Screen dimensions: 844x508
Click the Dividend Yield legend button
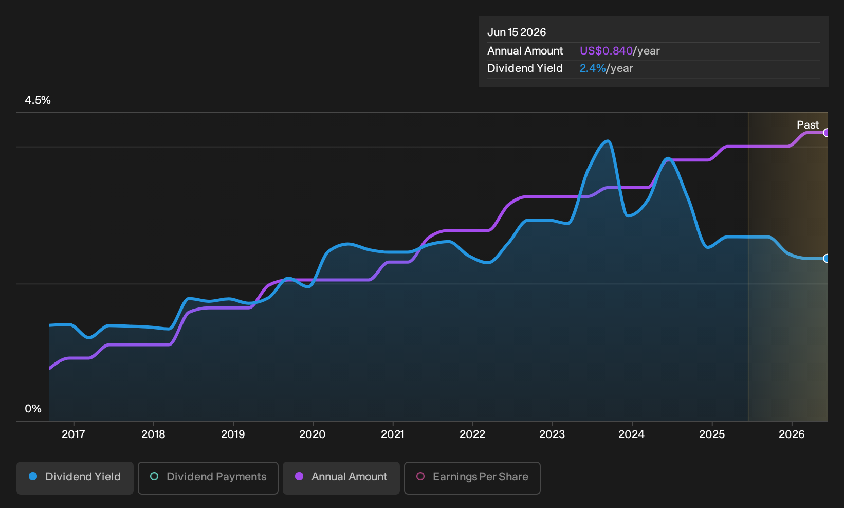pyautogui.click(x=75, y=478)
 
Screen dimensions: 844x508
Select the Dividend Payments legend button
pyautogui.click(x=208, y=478)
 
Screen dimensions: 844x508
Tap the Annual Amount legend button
pyautogui.click(x=341, y=478)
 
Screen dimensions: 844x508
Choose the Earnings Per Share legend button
pyautogui.click(x=472, y=478)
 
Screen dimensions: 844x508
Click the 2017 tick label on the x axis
pyautogui.click(x=74, y=434)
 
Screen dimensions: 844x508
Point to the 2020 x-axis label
pyautogui.click(x=313, y=434)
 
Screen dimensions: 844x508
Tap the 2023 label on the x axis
pyautogui.click(x=552, y=434)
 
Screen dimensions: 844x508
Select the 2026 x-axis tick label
pyautogui.click(x=792, y=434)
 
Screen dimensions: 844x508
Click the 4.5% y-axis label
pyautogui.click(x=38, y=100)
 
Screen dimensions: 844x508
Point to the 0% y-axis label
pyautogui.click(x=33, y=409)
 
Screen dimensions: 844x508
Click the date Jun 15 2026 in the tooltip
pyautogui.click(x=517, y=32)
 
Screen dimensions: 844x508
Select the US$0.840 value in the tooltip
pyautogui.click(x=606, y=51)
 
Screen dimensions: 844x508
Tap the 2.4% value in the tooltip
pyautogui.click(x=592, y=68)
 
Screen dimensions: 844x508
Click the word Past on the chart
pyautogui.click(x=808, y=125)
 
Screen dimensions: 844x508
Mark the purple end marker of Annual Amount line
pyautogui.click(x=826, y=133)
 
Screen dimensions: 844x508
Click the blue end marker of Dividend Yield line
pyautogui.click(x=826, y=259)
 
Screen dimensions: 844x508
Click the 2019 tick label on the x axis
pyautogui.click(x=233, y=434)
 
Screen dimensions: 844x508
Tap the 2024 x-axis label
pyautogui.click(x=632, y=434)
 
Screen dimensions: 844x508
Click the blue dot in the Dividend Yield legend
pyautogui.click(x=33, y=476)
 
